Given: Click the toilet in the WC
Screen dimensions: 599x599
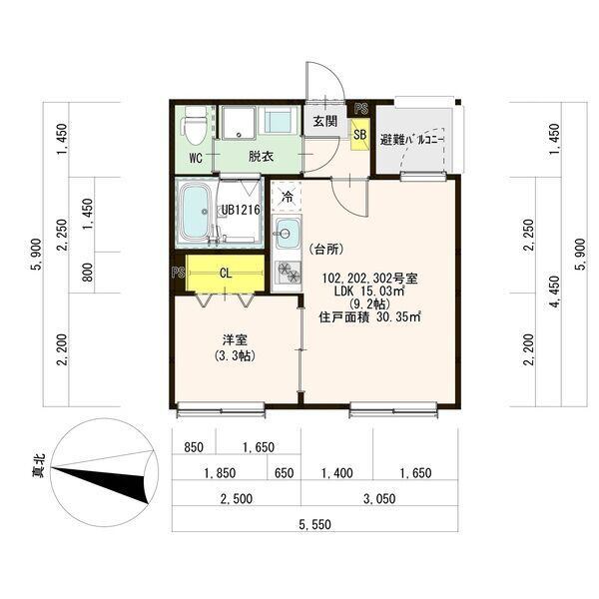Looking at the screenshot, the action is pos(196,125).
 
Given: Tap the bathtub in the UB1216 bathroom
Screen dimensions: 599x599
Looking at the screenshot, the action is pos(195,212).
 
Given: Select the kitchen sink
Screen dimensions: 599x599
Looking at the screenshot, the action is pos(287,233).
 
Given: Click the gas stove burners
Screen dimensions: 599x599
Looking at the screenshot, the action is pos(288,272).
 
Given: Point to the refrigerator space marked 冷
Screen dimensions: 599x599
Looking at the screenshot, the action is pos(287,198).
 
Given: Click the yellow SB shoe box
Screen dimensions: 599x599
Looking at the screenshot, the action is pos(360,134).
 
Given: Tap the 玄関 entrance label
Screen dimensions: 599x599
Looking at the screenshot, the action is pos(325,122).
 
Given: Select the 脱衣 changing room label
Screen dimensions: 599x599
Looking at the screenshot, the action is pos(262,157).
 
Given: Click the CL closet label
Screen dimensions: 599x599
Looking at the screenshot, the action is pos(226,274).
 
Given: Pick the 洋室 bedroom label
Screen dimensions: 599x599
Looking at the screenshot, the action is pos(235,339).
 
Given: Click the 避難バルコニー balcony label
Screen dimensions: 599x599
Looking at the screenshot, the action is pos(411,140).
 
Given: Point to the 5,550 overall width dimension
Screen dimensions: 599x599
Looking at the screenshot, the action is pos(315,524).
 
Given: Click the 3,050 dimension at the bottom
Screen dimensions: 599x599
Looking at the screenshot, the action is pos(379,498).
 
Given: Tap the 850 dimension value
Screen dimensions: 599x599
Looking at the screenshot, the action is pos(194,447).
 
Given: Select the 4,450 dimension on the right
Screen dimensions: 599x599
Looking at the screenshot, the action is pos(555,293).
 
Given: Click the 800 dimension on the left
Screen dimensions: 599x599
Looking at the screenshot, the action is pos(88,273).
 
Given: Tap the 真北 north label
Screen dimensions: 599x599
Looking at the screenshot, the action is pos(39,465).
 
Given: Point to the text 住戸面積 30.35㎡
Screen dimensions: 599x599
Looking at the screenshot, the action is pos(369,317).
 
